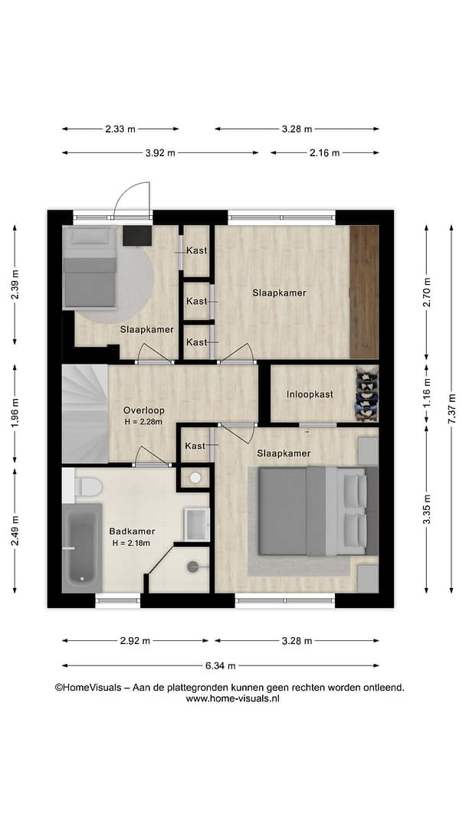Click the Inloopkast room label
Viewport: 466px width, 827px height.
[310, 394]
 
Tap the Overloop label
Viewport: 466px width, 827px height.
[143, 410]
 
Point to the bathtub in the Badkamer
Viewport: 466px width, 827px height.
[82, 548]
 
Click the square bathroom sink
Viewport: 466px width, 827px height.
[197, 524]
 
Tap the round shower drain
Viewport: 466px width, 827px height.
[192, 567]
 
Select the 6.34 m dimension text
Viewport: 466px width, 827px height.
[221, 665]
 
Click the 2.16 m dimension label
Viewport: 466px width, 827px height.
[325, 153]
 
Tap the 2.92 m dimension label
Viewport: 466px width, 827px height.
[135, 641]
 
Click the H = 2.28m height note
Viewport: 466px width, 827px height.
[143, 421]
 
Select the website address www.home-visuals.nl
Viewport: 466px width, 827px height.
[233, 698]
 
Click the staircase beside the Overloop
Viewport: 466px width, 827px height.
[85, 413]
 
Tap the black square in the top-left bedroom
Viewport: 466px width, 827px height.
[136, 236]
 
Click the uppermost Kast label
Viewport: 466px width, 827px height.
[197, 250]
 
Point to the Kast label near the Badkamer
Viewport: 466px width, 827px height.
[195, 446]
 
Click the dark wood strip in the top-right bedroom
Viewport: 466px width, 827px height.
[364, 293]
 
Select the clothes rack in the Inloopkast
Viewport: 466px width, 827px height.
[367, 394]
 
